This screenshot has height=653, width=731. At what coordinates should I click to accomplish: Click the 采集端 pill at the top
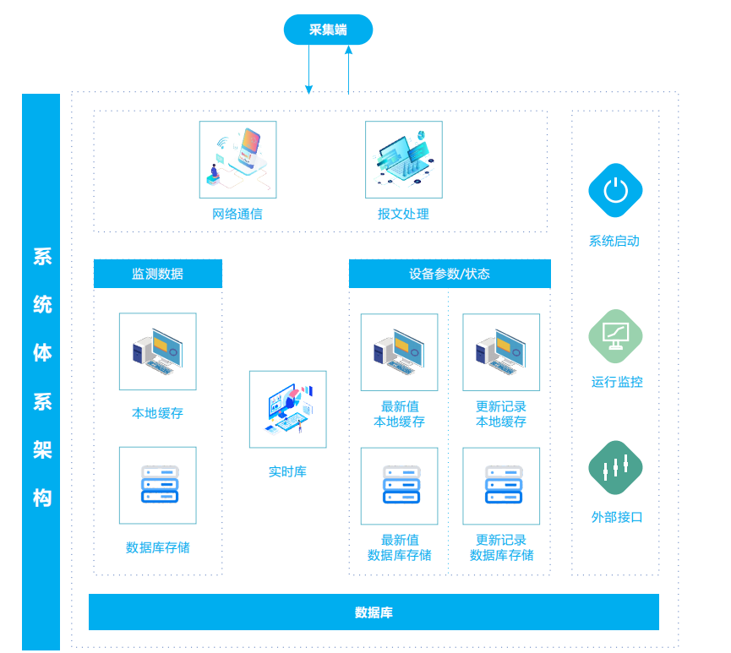pyautogui.click(x=328, y=30)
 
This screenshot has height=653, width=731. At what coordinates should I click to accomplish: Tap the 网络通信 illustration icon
pyautogui.click(x=237, y=160)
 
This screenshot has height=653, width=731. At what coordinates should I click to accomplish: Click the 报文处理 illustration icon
pyautogui.click(x=403, y=160)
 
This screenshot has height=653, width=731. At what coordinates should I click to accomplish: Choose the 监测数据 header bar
pyautogui.click(x=158, y=274)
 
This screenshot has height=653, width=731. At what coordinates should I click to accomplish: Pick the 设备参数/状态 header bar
pyautogui.click(x=450, y=274)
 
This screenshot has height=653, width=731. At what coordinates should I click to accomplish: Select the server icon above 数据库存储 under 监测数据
pyautogui.click(x=158, y=485)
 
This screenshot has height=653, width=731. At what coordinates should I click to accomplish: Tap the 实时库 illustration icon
pyautogui.click(x=287, y=409)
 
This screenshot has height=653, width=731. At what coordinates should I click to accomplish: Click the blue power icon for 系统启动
pyautogui.click(x=615, y=190)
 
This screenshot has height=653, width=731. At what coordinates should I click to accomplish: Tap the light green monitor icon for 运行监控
pyautogui.click(x=615, y=335)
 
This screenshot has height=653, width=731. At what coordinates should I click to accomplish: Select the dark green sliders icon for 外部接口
pyautogui.click(x=615, y=467)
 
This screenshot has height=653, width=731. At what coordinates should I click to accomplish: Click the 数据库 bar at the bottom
pyautogui.click(x=374, y=612)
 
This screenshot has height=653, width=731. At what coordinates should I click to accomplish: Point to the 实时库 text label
pyautogui.click(x=287, y=471)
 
